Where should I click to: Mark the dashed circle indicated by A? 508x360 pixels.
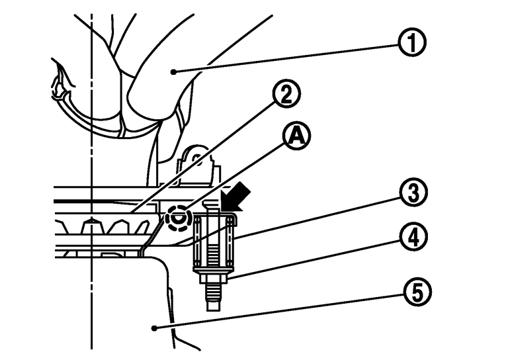(177, 216)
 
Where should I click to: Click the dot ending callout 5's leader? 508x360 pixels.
(154, 327)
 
